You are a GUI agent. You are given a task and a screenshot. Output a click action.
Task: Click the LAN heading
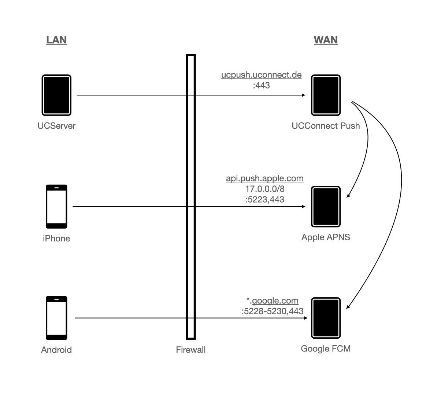pyautogui.click(x=56, y=39)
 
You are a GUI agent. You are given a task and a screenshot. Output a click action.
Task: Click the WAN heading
pyautogui.click(x=326, y=39)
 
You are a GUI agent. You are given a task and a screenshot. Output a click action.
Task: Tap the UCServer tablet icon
pyautogui.click(x=56, y=95)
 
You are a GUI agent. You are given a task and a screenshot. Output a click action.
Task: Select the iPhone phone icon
pyautogui.click(x=56, y=207)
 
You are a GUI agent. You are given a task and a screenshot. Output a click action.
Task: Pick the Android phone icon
pyautogui.click(x=56, y=318)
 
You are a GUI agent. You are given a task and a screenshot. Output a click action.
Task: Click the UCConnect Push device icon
pyautogui.click(x=326, y=95)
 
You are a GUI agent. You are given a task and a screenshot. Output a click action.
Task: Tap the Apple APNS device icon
pyautogui.click(x=326, y=207)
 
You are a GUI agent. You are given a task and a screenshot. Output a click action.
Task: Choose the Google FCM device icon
pyautogui.click(x=326, y=318)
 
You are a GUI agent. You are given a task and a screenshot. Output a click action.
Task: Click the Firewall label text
pyautogui.click(x=190, y=350)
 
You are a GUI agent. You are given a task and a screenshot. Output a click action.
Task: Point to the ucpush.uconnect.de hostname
pyautogui.click(x=261, y=75)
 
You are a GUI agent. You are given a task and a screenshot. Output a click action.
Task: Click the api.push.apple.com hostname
pyautogui.click(x=264, y=178)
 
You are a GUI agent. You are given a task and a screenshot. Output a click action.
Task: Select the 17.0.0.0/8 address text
pyautogui.click(x=264, y=189)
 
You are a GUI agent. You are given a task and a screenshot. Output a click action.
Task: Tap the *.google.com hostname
pyautogui.click(x=272, y=301)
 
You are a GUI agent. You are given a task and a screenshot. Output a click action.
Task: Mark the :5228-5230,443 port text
pyautogui.click(x=272, y=311)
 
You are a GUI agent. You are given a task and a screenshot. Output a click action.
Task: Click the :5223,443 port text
pyautogui.click(x=264, y=199)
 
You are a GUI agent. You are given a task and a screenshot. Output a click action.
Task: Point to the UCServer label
pyautogui.click(x=56, y=126)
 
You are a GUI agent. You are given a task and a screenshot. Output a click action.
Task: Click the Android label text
pyautogui.click(x=56, y=350)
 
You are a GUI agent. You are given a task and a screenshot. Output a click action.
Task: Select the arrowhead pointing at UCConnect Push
pyautogui.click(x=303, y=95)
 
